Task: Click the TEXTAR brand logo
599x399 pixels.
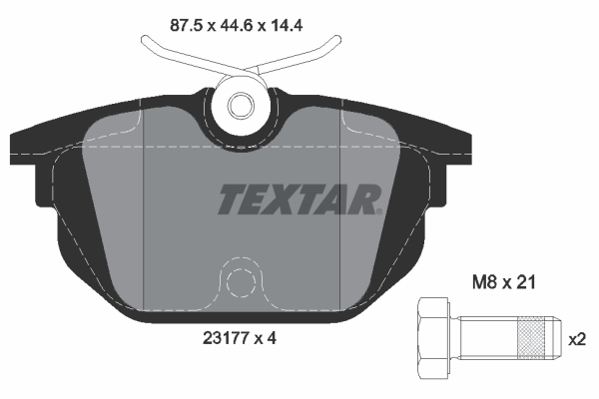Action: (299, 199)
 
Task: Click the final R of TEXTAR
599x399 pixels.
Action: (366, 199)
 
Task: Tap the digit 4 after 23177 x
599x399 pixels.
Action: (272, 338)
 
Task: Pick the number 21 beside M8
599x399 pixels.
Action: (527, 283)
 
